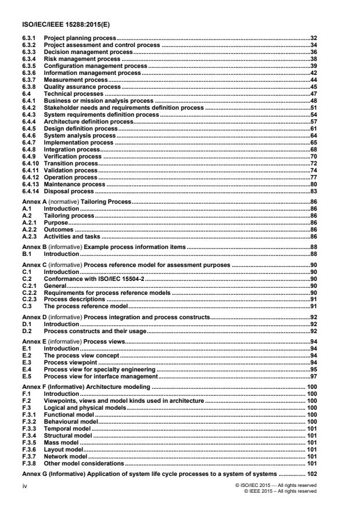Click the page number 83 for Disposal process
click(x=313, y=192)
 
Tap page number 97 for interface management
click(x=313, y=376)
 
